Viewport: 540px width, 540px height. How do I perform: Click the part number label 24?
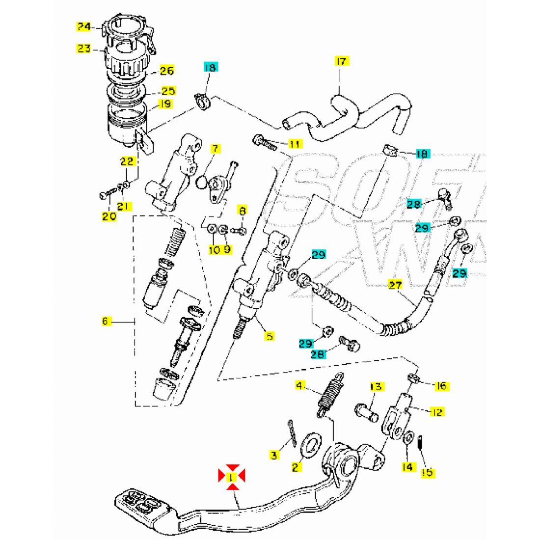click(84, 27)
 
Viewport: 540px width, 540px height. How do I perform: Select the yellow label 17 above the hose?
click(341, 61)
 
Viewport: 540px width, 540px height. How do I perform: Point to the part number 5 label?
click(270, 336)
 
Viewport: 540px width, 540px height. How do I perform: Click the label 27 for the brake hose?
click(394, 285)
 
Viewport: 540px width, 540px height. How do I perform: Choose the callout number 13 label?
click(376, 387)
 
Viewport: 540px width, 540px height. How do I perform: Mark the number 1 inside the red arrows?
click(232, 476)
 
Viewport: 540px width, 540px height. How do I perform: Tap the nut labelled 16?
click(413, 378)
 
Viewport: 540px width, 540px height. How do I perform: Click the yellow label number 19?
click(165, 104)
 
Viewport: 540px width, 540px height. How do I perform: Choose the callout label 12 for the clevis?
click(436, 412)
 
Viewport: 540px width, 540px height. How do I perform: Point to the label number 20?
click(109, 216)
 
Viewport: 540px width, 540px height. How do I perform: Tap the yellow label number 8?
click(242, 211)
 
